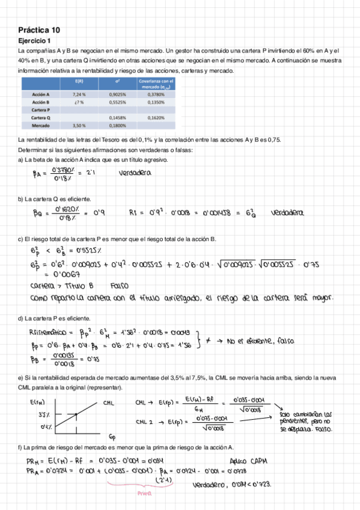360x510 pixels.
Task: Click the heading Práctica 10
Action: click(x=39, y=29)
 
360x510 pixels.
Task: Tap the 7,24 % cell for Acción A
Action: click(x=79, y=94)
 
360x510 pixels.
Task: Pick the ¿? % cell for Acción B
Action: click(x=79, y=103)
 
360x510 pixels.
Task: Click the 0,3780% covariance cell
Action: click(x=155, y=94)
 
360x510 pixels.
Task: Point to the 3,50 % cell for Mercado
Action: click(x=79, y=126)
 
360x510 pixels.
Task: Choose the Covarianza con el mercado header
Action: click(x=156, y=84)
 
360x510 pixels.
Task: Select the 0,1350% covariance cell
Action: click(x=155, y=103)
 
